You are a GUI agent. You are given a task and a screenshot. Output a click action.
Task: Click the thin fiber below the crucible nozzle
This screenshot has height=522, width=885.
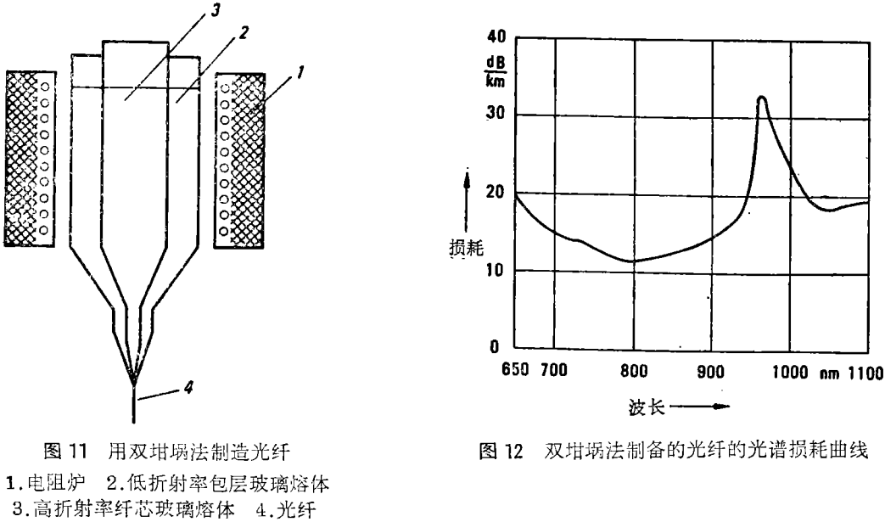(134, 403)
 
